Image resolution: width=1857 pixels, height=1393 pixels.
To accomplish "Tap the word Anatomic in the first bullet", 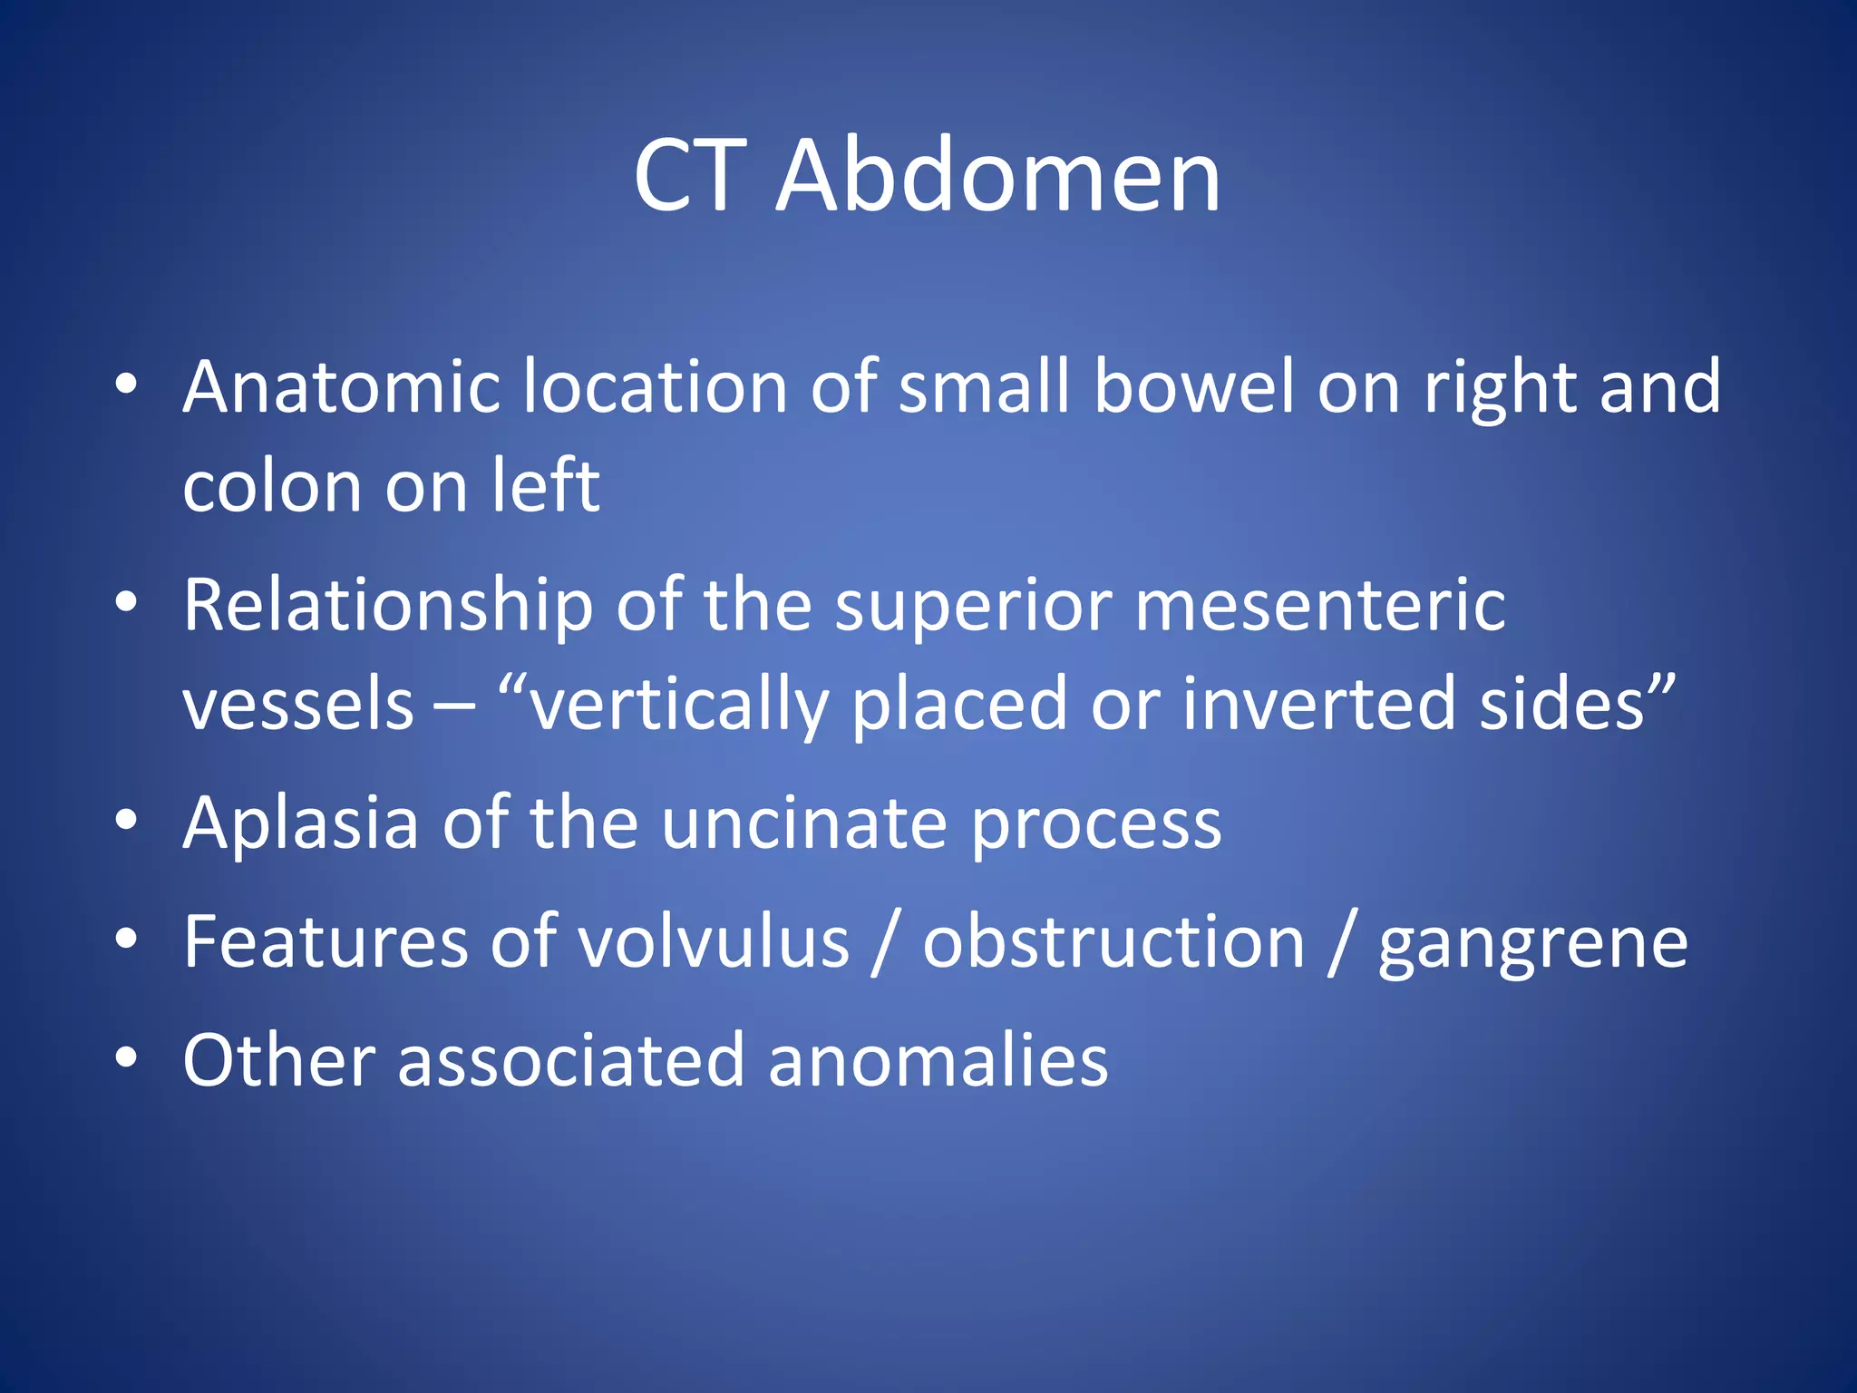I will (341, 387).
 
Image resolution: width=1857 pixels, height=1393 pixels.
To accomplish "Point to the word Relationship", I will (388, 606).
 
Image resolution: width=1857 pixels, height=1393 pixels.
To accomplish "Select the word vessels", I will (297, 705).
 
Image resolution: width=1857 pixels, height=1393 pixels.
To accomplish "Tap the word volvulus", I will (715, 942).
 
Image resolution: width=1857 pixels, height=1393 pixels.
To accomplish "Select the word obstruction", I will (1113, 942).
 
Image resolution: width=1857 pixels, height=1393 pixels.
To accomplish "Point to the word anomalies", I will (938, 1061).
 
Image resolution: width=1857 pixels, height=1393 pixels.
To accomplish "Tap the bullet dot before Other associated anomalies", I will (126, 1057).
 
